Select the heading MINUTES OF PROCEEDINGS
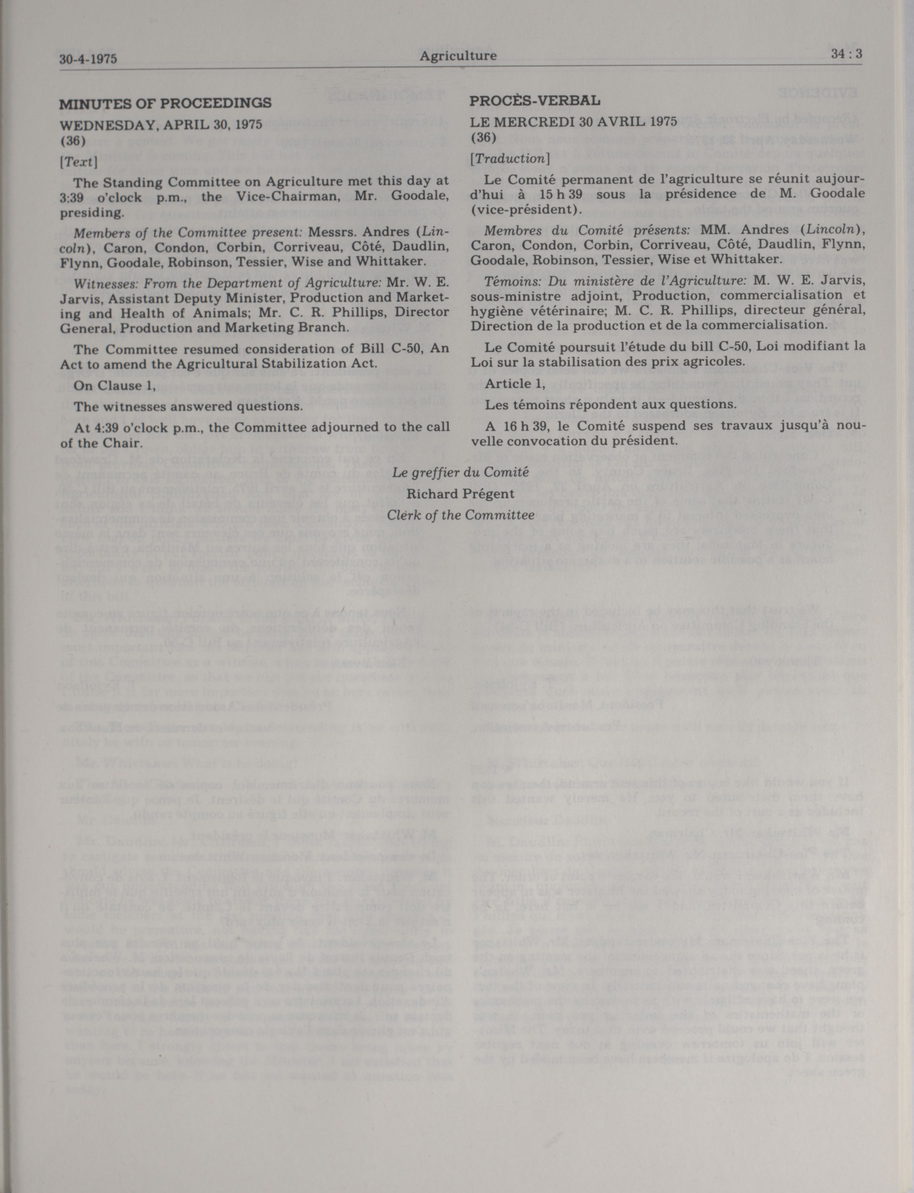165,103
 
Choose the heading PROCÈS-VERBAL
535,101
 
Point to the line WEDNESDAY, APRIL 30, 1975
160,124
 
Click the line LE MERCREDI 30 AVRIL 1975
573,121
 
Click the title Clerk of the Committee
460,515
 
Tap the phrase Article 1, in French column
515,384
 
